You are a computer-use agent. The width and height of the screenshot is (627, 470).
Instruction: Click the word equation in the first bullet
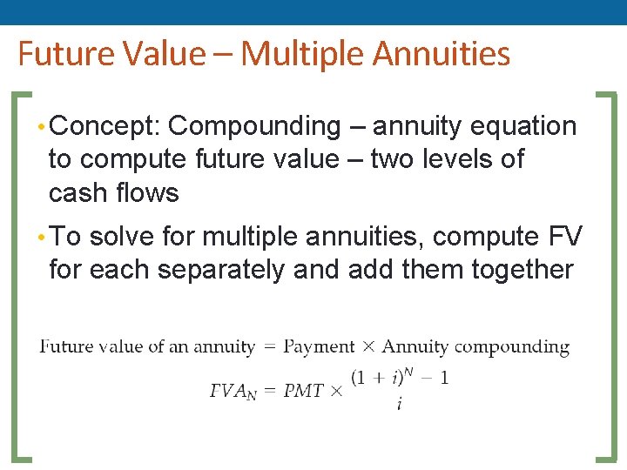(523, 127)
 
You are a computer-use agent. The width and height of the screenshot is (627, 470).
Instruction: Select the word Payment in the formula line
(320, 346)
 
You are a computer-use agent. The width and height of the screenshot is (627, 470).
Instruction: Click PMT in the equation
(304, 392)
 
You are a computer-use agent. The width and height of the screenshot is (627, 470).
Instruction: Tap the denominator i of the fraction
(399, 406)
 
